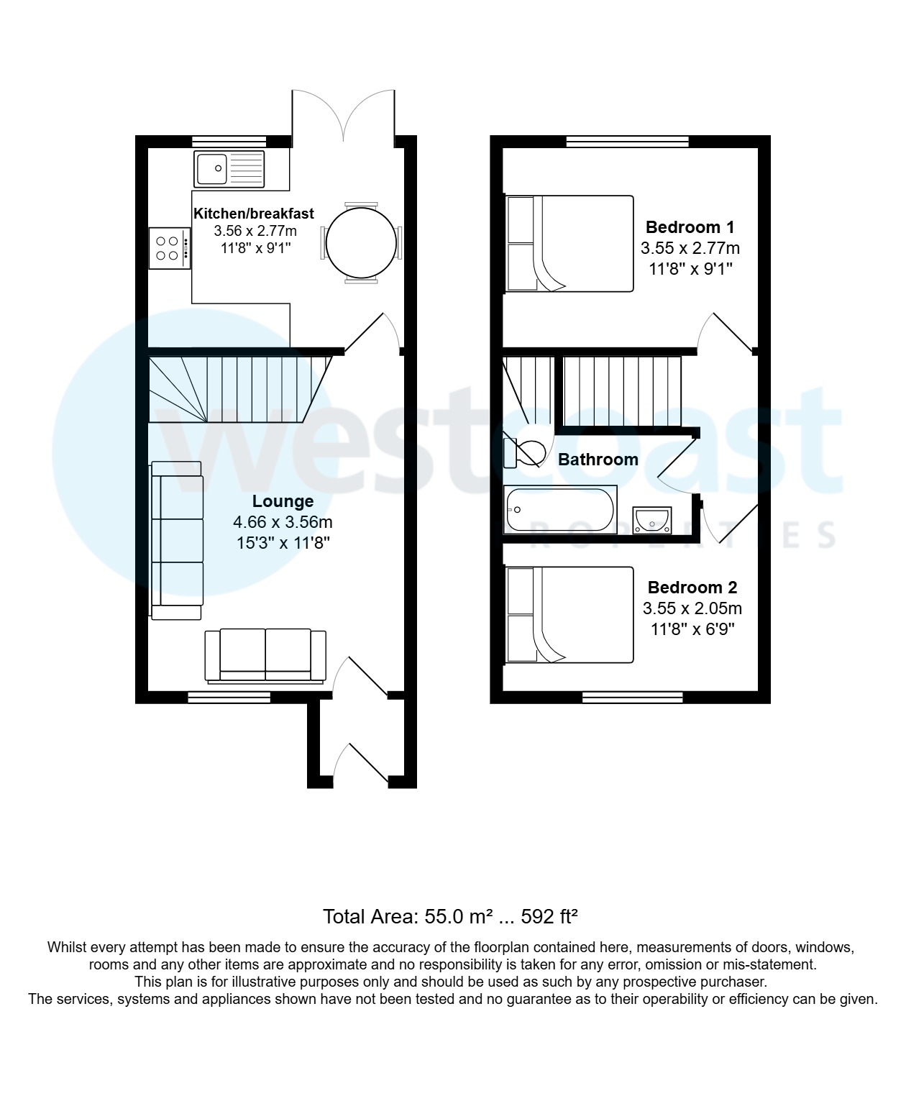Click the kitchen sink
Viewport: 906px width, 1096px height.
[229, 169]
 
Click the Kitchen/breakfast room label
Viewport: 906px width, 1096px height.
[254, 214]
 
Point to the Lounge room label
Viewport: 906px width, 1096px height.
[283, 501]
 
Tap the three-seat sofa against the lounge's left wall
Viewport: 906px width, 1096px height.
[177, 540]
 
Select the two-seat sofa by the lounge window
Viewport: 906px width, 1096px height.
[265, 655]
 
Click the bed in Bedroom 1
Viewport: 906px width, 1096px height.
[569, 243]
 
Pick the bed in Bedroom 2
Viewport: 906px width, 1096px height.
[569, 615]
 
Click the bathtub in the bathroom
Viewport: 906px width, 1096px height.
[560, 510]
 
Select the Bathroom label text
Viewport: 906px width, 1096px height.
[598, 460]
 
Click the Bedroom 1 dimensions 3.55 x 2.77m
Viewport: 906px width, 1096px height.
[690, 249]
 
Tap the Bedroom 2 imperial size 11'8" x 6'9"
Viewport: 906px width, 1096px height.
[692, 630]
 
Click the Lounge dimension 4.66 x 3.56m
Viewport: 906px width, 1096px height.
[283, 522]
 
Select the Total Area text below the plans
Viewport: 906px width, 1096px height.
[451, 917]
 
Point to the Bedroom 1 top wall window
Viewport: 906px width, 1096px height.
[627, 141]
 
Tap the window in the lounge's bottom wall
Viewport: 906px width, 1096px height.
[229, 696]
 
